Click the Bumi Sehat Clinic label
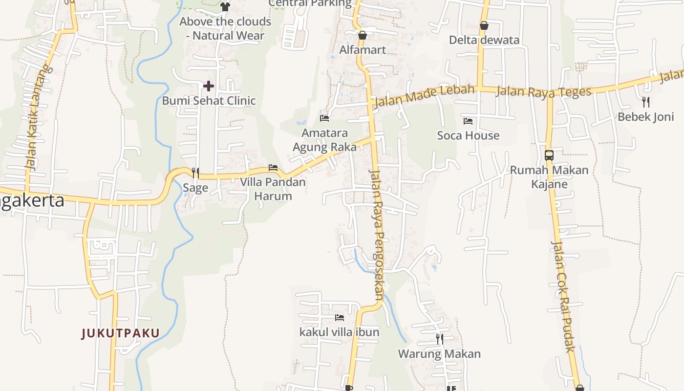(x=209, y=101)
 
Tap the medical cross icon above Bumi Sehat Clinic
(x=209, y=87)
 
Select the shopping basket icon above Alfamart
(x=363, y=35)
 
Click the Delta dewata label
(x=484, y=40)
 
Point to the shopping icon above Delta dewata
(x=484, y=25)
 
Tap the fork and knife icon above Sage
(x=195, y=173)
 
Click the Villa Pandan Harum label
(x=273, y=189)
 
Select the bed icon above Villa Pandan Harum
(x=273, y=168)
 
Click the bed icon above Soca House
(x=468, y=121)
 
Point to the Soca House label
(x=468, y=135)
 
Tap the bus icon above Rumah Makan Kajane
(x=549, y=155)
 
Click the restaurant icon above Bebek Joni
(x=646, y=102)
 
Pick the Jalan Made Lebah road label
(x=424, y=96)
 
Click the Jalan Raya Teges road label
(x=543, y=91)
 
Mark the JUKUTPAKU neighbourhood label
(x=121, y=333)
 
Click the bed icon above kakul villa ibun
(x=340, y=318)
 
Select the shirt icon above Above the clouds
(x=225, y=7)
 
